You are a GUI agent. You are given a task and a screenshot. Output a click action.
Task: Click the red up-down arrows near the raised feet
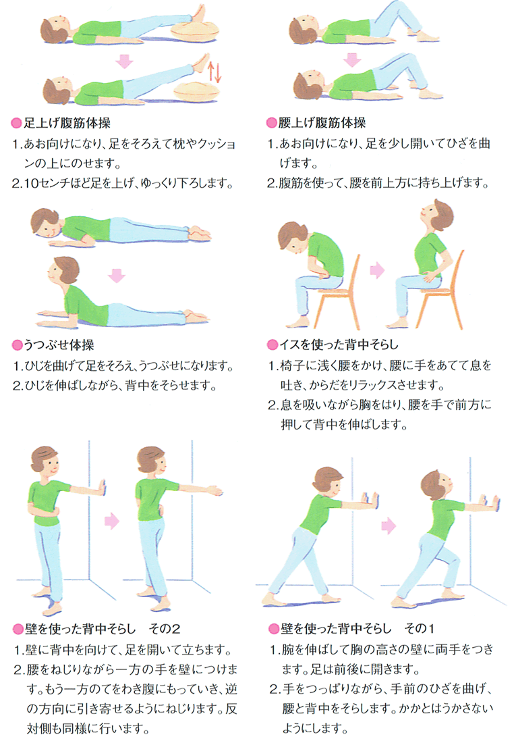coord(214,71)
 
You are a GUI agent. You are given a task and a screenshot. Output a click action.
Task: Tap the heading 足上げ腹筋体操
coord(67,124)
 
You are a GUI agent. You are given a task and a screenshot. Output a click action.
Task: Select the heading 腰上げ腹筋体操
coord(322,123)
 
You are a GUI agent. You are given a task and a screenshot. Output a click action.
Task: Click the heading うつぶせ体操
coord(59,345)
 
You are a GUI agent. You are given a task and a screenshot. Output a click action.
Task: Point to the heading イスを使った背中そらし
coord(339,344)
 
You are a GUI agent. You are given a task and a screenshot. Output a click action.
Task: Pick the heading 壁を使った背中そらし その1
coord(357,628)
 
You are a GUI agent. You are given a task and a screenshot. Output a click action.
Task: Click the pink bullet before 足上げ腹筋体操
coord(17,124)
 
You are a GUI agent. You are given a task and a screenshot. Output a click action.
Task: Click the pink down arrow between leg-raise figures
coord(125,61)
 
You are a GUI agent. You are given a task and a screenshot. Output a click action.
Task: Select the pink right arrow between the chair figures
coord(377,270)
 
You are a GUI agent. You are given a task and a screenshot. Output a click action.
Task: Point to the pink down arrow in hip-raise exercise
coord(352,59)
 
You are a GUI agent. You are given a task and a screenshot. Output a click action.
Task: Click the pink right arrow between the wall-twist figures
coord(112,521)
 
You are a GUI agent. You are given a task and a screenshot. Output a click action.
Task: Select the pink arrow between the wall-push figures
coord(388,526)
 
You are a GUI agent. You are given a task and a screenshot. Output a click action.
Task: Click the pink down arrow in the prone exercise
coord(117,276)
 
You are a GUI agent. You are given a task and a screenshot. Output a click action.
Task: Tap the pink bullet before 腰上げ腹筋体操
coord(271,124)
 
